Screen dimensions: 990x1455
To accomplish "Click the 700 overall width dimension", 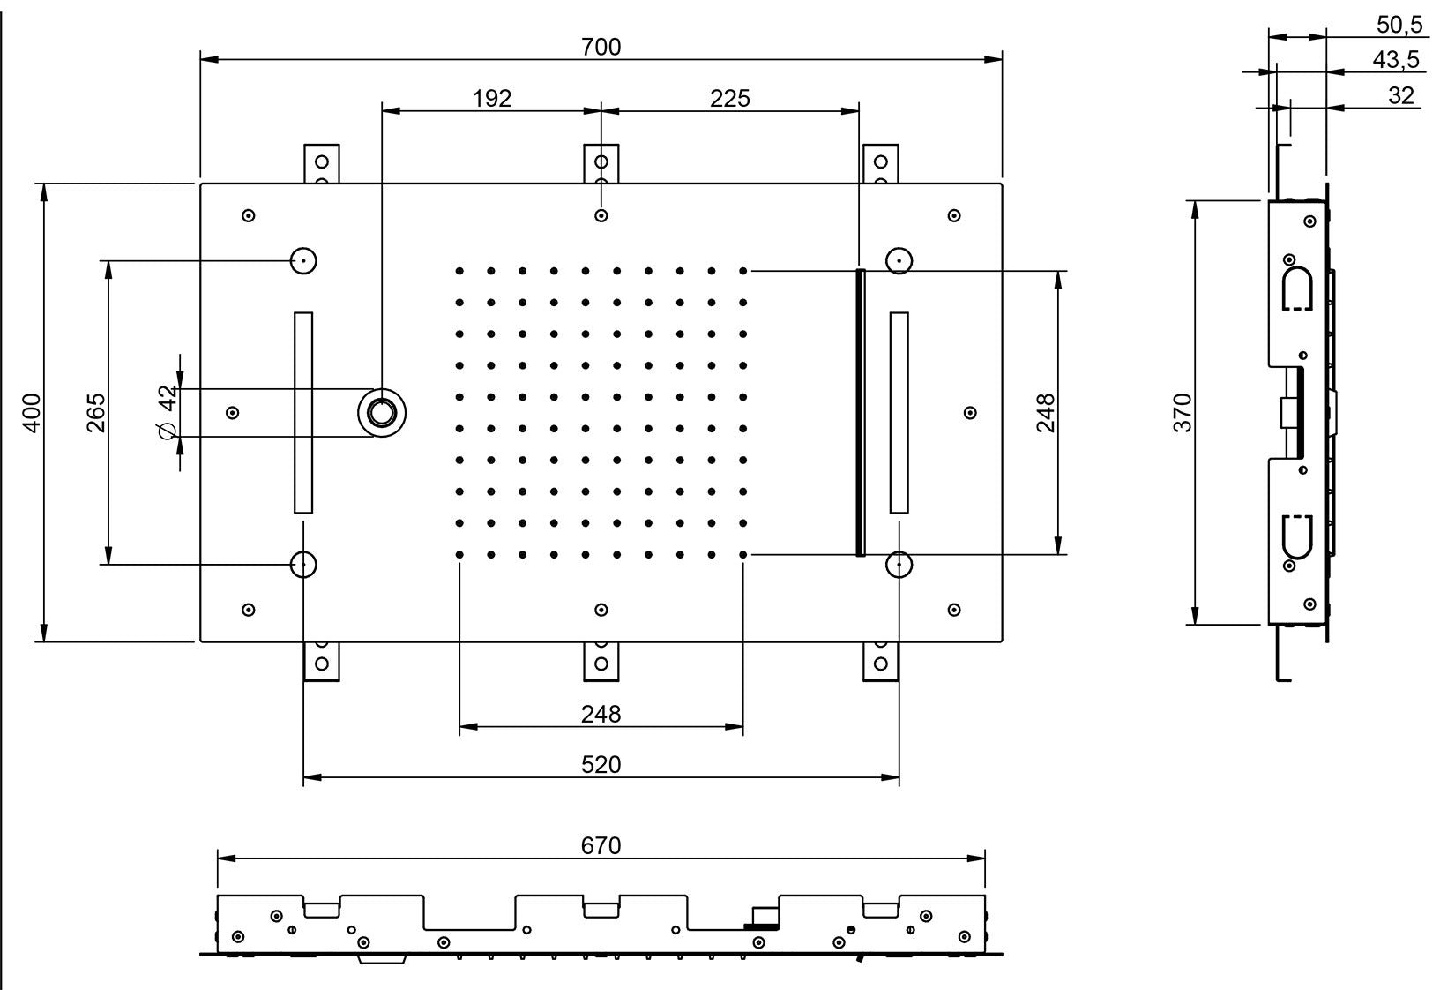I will point(601,47).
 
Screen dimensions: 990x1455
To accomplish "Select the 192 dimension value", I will point(491,98).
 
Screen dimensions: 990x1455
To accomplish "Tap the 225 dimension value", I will point(729,98).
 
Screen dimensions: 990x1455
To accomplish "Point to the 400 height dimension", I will point(32,412).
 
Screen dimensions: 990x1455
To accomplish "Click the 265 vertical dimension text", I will point(96,412).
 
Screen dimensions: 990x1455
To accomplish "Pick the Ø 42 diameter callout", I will point(167,412).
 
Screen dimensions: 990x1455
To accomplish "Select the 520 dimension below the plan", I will point(601,764).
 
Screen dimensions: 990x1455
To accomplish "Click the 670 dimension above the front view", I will point(601,845).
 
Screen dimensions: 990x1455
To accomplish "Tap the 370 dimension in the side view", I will point(1183,412).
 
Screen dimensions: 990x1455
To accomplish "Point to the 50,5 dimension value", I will point(1399,25).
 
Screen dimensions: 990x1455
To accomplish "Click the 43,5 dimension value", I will point(1396,60).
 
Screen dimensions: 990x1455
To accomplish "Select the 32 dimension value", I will point(1400,95).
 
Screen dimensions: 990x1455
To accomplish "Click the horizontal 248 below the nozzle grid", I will point(601,714).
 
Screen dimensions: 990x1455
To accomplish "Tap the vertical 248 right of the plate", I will point(1046,412).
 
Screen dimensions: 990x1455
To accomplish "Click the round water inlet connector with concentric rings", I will point(382,412).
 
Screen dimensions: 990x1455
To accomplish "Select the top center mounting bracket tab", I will point(601,163).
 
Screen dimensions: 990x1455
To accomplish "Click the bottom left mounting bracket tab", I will point(321,662).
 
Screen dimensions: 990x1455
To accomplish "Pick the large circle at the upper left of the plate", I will point(303,260).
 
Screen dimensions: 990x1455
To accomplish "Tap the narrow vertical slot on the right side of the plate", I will point(899,412).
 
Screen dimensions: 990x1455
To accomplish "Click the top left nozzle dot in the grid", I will point(459,271).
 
